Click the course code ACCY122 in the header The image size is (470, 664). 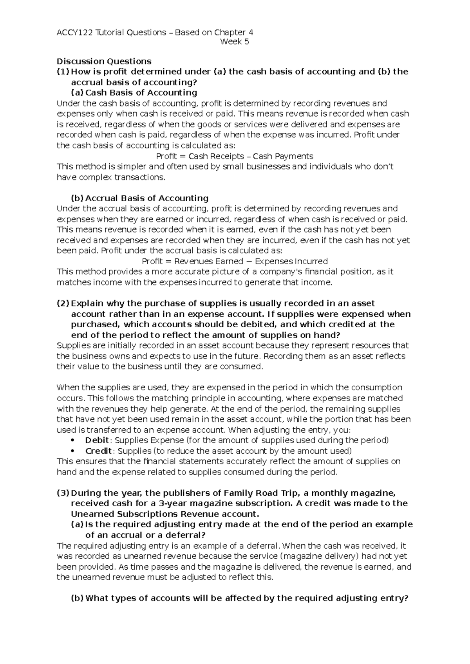(x=74, y=32)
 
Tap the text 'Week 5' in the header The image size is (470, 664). (x=235, y=42)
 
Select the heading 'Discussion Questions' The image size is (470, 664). (x=104, y=61)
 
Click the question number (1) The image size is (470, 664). (x=63, y=72)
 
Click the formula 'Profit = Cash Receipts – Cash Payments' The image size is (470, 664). (x=235, y=156)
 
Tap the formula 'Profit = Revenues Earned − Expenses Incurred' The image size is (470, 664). (x=235, y=261)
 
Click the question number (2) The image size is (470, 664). (x=63, y=303)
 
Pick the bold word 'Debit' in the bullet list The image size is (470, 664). (x=97, y=440)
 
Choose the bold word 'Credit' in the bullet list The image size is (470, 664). (x=99, y=451)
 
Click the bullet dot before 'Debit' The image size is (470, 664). (x=74, y=440)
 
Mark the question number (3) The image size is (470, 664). (x=63, y=493)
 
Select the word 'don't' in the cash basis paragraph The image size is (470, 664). (x=383, y=167)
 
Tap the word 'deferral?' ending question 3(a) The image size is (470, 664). (x=186, y=535)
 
